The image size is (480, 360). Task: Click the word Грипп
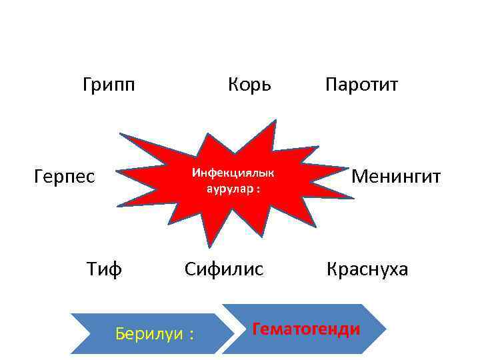109,85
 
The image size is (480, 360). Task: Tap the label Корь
249,85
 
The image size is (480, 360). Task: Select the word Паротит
362,85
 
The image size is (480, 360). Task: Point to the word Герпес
65,177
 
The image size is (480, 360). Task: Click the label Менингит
396,177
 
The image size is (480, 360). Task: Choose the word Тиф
104,269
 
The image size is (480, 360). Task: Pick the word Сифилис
224,269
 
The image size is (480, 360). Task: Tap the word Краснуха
367,269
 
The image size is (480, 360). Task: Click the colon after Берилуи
191,335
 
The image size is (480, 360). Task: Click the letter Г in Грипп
88,85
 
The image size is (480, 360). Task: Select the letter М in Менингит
359,177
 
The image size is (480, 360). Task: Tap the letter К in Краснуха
331,269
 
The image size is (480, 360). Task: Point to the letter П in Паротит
331,85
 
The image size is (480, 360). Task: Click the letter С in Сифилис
191,269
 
